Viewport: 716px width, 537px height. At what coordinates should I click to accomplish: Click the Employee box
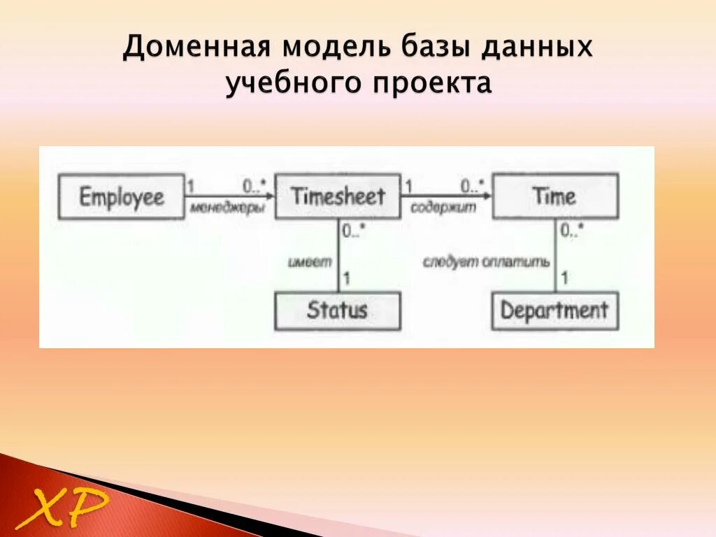[121, 196]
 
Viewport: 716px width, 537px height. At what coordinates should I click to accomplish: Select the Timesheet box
[338, 196]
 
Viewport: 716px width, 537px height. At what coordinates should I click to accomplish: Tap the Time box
[554, 196]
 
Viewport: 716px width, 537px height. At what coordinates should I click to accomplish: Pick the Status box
[337, 310]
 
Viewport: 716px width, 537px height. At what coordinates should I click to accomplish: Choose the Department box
[554, 310]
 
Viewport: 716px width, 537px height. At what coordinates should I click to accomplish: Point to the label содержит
[443, 208]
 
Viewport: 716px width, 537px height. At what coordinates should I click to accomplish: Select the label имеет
[309, 262]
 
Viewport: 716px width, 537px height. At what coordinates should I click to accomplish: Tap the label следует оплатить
[487, 262]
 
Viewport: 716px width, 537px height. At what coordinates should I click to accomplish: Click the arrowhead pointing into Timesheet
[269, 196]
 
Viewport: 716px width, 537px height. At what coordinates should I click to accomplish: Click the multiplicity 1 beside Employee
[189, 186]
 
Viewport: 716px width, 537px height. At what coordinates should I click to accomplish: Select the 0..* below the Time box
[572, 229]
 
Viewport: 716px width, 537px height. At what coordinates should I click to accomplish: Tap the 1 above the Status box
[347, 279]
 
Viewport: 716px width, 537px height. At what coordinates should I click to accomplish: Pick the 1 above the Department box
[564, 279]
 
